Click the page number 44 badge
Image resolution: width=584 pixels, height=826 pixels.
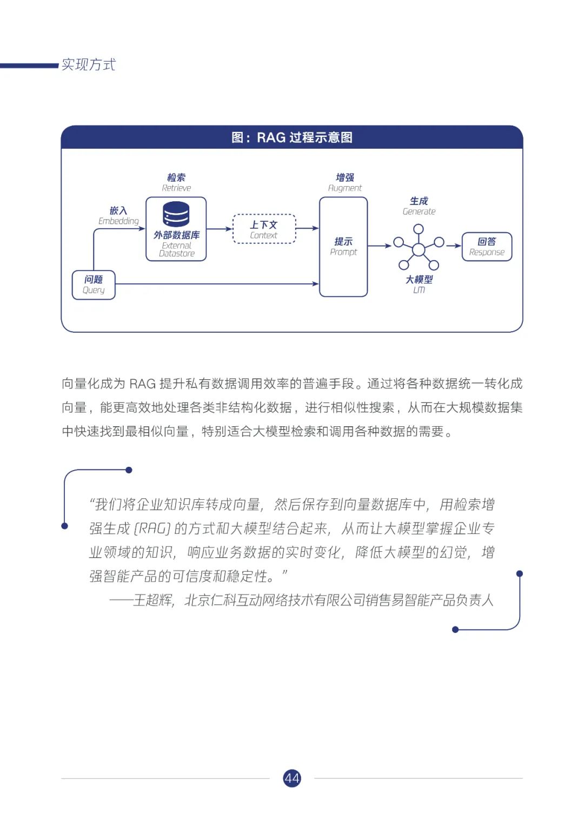click(x=291, y=778)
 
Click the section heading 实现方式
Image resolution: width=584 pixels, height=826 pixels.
click(x=88, y=65)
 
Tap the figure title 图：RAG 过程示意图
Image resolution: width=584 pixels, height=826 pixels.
click(x=292, y=137)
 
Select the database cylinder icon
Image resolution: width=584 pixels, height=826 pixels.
click(x=176, y=214)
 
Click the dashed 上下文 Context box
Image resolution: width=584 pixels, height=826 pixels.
click(x=264, y=229)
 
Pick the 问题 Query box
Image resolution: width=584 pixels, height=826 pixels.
click(x=94, y=285)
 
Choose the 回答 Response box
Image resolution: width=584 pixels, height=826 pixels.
click(x=487, y=247)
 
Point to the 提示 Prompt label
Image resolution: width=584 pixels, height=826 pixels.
click(x=343, y=246)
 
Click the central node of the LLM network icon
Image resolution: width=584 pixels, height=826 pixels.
click(x=419, y=249)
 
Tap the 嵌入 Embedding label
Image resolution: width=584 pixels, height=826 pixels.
click(x=118, y=215)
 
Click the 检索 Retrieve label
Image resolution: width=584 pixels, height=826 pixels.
click(x=176, y=182)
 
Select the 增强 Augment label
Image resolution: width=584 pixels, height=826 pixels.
click(x=344, y=182)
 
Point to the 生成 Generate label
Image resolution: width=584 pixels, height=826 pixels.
click(x=419, y=206)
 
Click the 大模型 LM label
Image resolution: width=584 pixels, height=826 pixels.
click(x=419, y=284)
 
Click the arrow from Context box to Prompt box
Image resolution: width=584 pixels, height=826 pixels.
click(x=308, y=228)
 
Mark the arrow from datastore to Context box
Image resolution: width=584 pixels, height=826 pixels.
click(x=220, y=229)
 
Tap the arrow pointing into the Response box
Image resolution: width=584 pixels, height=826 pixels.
click(x=453, y=246)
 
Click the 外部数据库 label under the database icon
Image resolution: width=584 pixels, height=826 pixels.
click(x=176, y=235)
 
